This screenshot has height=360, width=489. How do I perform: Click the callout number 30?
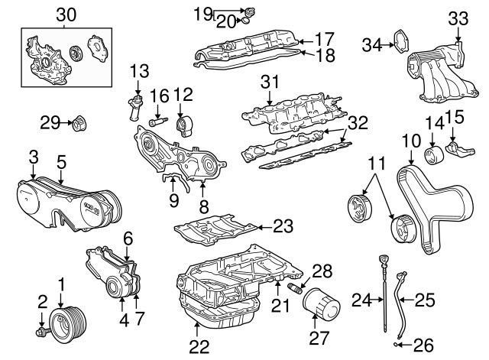[66, 13]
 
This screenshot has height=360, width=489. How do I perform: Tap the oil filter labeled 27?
[316, 307]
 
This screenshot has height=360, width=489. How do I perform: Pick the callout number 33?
[457, 17]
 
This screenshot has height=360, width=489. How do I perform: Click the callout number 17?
[325, 37]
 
